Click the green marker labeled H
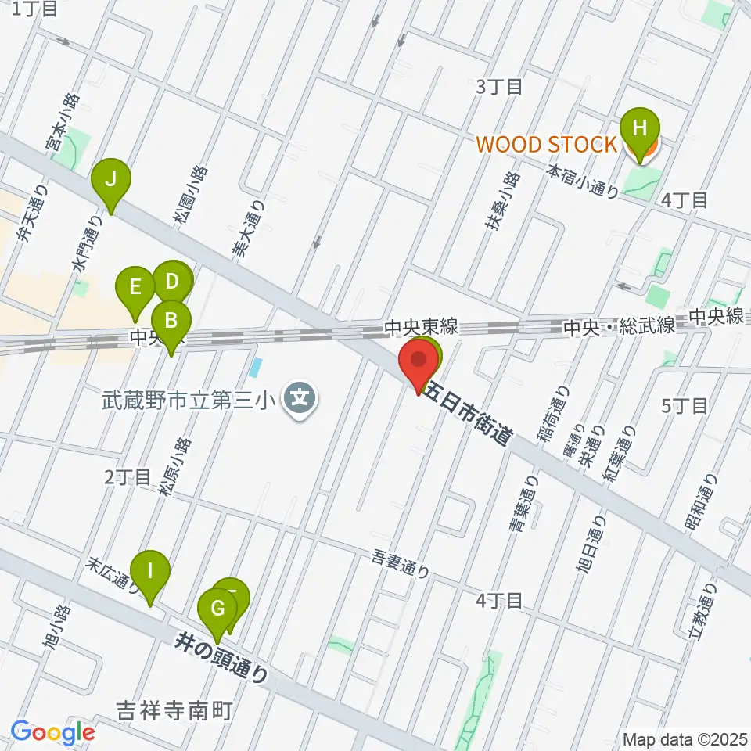tap(640, 127)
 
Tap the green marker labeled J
tap(111, 180)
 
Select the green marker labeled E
tap(135, 287)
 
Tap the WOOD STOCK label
tap(545, 144)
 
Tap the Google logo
tap(52, 732)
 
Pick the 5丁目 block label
tap(685, 405)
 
